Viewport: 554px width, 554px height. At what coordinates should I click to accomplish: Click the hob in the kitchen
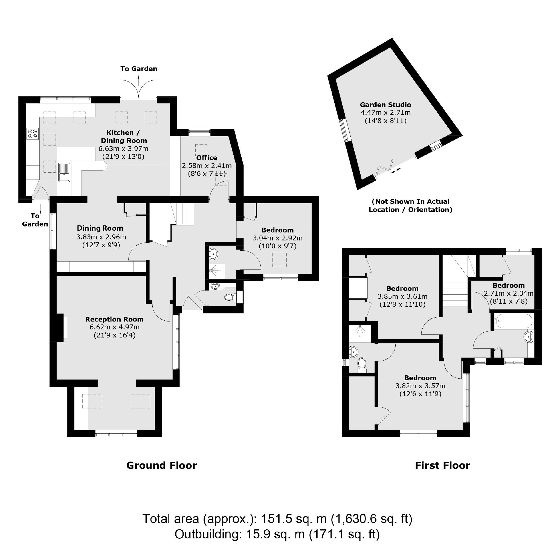point(32,134)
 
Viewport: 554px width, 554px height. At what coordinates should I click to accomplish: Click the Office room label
point(207,158)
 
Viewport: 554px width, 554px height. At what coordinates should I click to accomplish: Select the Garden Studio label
point(385,105)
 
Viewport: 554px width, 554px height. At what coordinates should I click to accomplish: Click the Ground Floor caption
point(161,465)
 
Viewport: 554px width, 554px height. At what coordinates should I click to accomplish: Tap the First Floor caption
point(442,465)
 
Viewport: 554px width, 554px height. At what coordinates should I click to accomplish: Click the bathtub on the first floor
point(513,321)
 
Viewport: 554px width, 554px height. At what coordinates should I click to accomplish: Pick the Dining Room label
point(100,228)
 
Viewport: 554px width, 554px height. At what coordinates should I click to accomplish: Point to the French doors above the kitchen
point(138,89)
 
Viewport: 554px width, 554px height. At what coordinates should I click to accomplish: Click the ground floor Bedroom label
point(277,230)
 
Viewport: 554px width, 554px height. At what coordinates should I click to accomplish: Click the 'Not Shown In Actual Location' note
point(410,205)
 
